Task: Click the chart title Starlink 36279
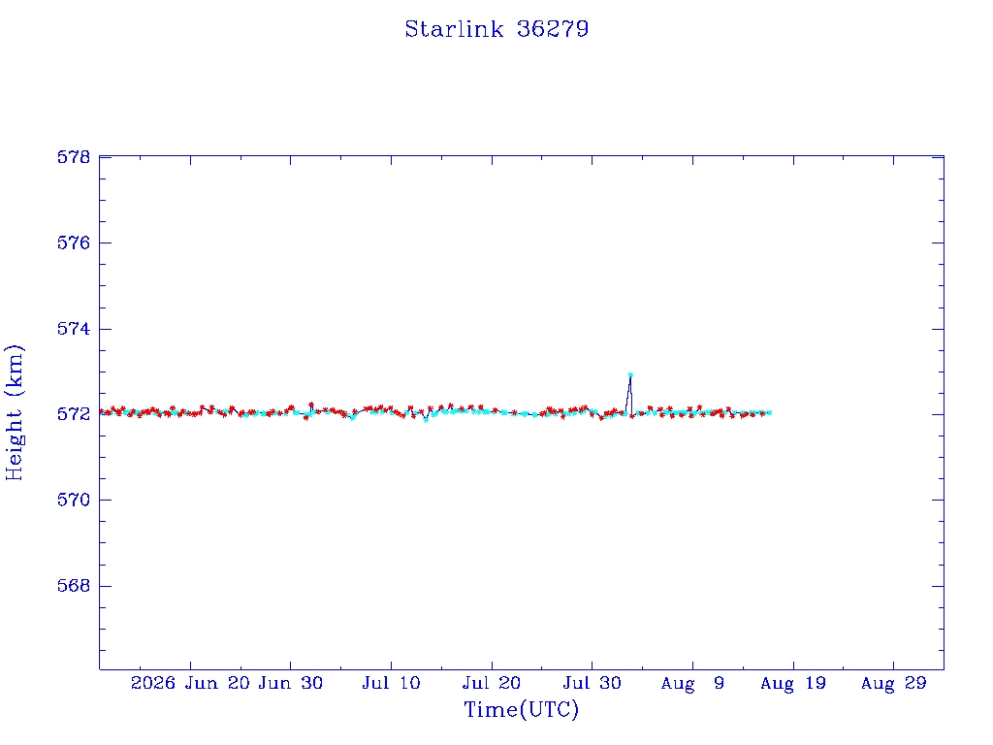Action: click(x=496, y=29)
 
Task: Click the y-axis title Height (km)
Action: click(x=14, y=412)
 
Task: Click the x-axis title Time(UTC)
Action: click(x=521, y=709)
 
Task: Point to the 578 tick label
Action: click(x=74, y=156)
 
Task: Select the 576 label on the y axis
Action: click(x=74, y=243)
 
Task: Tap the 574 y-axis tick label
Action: click(x=74, y=329)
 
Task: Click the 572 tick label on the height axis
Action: click(x=74, y=414)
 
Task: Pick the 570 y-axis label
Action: click(x=74, y=500)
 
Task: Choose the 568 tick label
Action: click(x=74, y=585)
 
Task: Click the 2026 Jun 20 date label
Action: click(x=190, y=683)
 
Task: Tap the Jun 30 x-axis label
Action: click(x=291, y=683)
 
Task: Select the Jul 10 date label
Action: click(x=391, y=683)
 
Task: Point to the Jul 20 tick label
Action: click(x=492, y=683)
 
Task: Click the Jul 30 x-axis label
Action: click(x=593, y=683)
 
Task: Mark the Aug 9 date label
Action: click(x=692, y=684)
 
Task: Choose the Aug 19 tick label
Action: click(x=793, y=684)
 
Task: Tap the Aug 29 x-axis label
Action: click(x=893, y=684)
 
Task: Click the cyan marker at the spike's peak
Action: click(x=630, y=375)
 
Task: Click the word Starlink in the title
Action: click(x=454, y=29)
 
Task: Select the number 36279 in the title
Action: click(x=553, y=29)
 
